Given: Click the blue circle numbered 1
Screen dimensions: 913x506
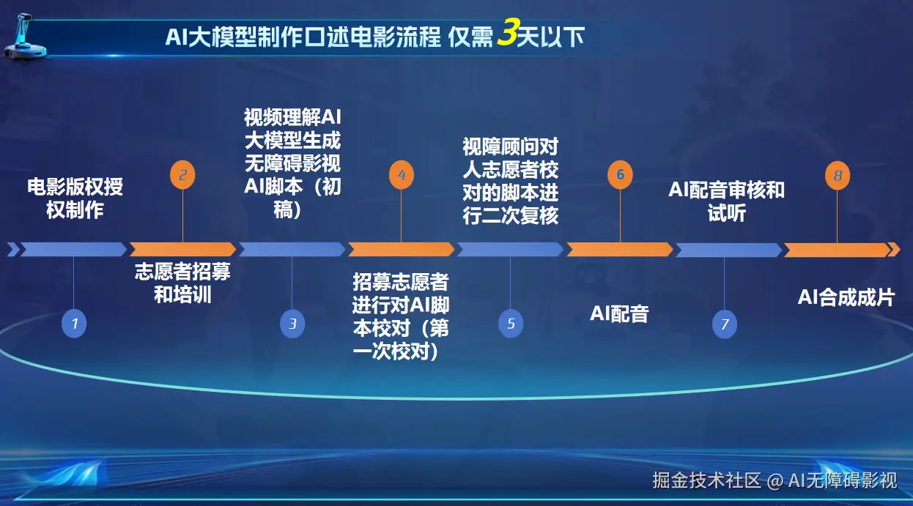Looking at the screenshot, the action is (x=74, y=324).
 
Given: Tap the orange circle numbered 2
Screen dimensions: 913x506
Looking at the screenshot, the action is (x=182, y=175).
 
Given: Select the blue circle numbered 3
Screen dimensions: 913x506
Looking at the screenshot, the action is (x=292, y=324).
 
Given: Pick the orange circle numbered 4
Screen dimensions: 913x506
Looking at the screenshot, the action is (x=402, y=175).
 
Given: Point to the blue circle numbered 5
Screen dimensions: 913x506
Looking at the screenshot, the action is (x=511, y=324).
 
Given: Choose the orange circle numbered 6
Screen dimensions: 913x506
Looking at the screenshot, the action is (x=620, y=175).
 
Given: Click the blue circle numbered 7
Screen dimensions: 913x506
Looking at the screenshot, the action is (x=724, y=324).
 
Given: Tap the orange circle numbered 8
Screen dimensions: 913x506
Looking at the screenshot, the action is (x=838, y=176).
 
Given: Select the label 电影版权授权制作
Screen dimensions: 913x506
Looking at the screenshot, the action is (x=75, y=199).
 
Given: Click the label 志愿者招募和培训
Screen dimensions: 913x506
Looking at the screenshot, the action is (x=182, y=283).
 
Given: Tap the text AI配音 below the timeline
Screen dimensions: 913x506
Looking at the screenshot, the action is (x=619, y=314).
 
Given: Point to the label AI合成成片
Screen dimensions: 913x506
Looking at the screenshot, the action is (x=846, y=297).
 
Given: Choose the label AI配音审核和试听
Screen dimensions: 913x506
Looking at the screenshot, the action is (x=726, y=201).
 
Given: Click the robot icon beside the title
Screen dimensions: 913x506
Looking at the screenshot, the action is (x=24, y=37).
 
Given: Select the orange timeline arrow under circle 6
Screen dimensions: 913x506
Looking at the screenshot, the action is (x=620, y=249).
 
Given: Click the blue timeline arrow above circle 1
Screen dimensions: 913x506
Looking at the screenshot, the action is (x=73, y=249).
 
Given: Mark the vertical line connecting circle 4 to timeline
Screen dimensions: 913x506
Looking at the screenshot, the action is (x=401, y=215).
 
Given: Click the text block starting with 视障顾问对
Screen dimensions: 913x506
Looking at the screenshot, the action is (x=510, y=182).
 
